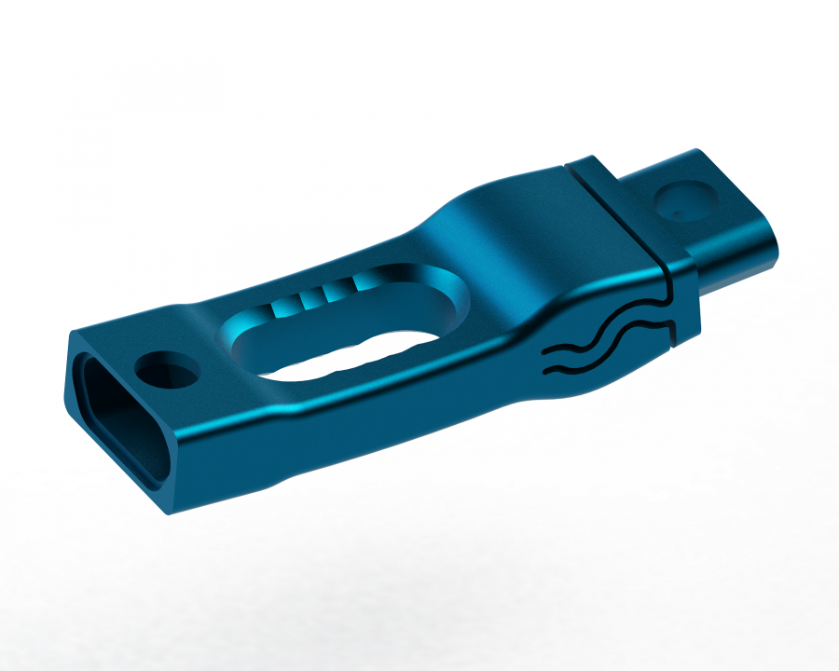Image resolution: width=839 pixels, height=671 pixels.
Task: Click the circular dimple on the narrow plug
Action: [685, 198]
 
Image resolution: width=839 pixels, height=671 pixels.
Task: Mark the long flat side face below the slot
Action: [373, 419]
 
